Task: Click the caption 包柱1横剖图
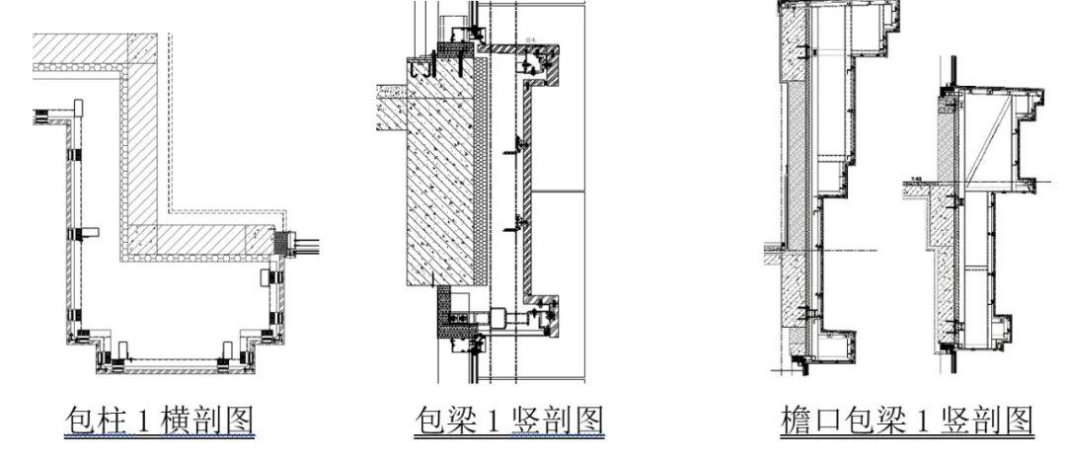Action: [158, 422]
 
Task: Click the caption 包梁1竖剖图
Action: [507, 422]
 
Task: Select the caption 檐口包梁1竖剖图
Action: [906, 422]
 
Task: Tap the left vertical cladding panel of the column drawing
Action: [71, 237]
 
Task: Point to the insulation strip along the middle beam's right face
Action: [483, 178]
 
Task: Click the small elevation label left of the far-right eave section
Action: [916, 181]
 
